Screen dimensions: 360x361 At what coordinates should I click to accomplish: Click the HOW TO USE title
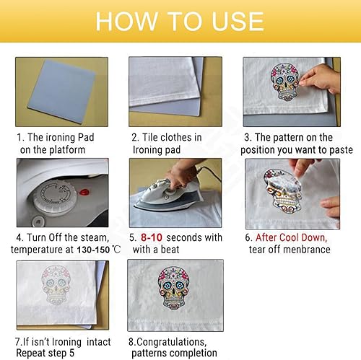tap(180, 20)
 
